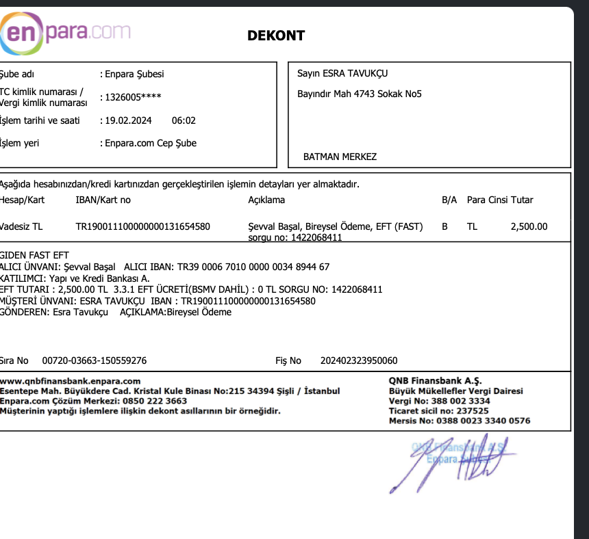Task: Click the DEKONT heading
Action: pos(276,36)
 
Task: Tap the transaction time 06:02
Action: pos(184,120)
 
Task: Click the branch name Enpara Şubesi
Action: pos(134,74)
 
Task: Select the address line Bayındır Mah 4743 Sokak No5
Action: pos(360,94)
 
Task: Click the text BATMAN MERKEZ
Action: pos(340,157)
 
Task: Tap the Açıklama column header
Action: pos(266,200)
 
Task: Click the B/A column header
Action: pos(449,200)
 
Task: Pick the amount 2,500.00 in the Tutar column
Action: pos(529,226)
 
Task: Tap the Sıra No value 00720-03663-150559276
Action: pos(94,360)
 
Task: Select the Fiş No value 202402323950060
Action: pos(358,360)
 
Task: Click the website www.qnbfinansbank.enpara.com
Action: pos(71,381)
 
